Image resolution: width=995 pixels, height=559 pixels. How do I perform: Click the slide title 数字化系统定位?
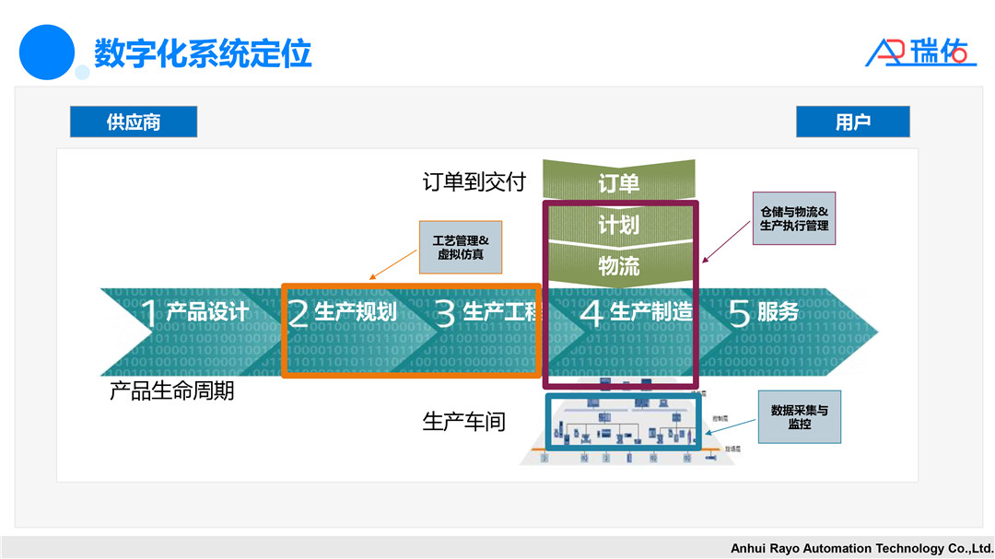point(203,52)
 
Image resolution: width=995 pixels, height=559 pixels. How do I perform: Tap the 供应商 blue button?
point(134,122)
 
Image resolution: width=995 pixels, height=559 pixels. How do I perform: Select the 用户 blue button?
point(852,122)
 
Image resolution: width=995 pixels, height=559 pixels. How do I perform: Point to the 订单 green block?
point(618,182)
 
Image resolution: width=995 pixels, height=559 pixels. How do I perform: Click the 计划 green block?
point(618,225)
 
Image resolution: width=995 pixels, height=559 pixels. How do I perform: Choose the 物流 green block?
point(618,266)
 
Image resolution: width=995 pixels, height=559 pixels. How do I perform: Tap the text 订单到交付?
point(474,182)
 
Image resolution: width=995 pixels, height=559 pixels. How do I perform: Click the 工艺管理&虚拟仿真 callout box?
point(460,247)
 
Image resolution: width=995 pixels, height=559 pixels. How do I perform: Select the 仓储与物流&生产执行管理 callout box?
point(794,218)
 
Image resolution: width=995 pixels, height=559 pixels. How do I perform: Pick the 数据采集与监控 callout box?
point(799,417)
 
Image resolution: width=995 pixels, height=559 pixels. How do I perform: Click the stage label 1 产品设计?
point(194,313)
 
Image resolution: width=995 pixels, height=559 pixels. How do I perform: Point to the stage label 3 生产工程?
point(488,313)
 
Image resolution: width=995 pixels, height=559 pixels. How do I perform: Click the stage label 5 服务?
point(765,313)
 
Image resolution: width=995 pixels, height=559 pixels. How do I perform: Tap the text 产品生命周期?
point(172,390)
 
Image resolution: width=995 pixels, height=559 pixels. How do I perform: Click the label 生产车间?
point(464,422)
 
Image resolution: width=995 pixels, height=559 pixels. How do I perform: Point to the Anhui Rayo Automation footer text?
point(861,548)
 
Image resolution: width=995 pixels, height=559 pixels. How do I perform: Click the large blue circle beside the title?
point(46,52)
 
